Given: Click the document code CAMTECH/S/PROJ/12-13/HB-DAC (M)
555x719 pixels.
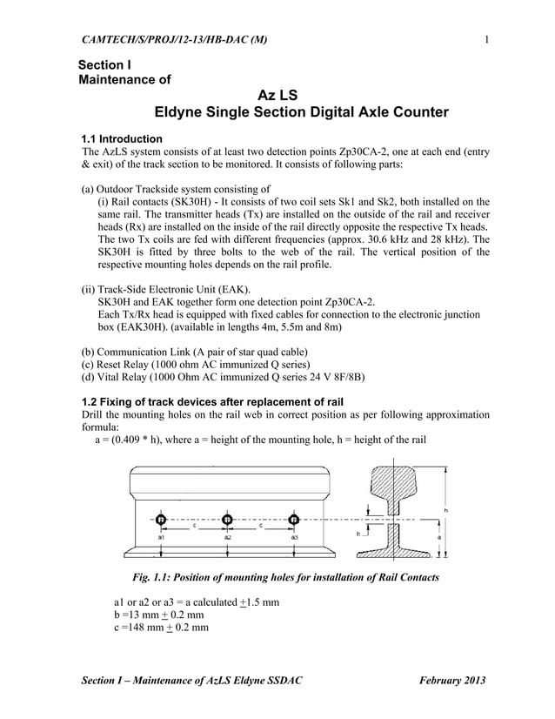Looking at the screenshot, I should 174,39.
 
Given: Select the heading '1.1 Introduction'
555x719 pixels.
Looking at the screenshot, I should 121,138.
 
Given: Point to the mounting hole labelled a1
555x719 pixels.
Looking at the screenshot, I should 161,520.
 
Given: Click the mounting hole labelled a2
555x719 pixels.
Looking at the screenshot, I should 227,520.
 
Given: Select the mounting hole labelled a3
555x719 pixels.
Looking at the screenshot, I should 294,520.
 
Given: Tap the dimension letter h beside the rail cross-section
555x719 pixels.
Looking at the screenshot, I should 445,508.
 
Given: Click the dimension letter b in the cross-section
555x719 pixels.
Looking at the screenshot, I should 357,531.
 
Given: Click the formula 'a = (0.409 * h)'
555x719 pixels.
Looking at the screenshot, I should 135,440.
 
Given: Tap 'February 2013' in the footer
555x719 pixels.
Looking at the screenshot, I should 451,679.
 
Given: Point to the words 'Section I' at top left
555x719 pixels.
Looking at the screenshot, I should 104,66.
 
